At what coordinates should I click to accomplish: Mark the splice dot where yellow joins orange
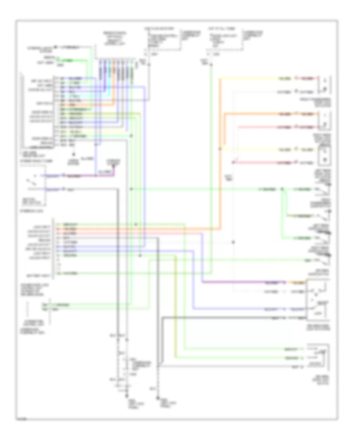220,148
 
